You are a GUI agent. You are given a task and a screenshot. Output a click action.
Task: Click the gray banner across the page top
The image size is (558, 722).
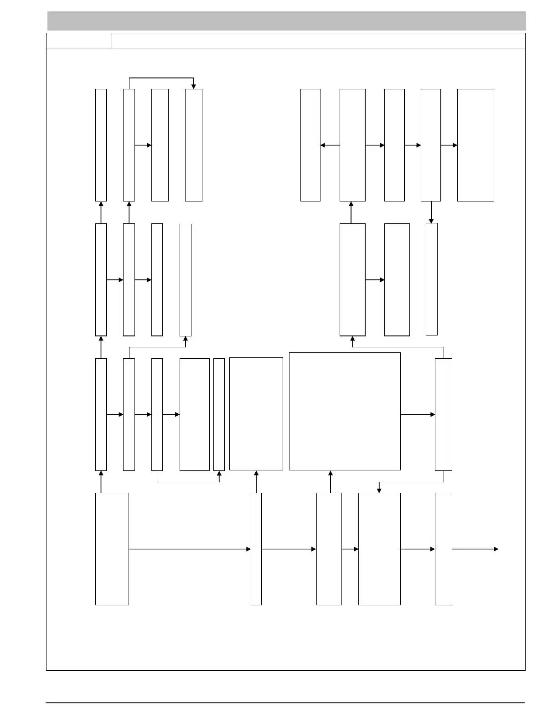pyautogui.click(x=286, y=21)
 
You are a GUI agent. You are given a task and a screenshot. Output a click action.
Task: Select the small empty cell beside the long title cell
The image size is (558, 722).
pyautogui.click(x=79, y=41)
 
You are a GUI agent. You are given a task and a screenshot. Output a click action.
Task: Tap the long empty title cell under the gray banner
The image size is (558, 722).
pyautogui.click(x=318, y=41)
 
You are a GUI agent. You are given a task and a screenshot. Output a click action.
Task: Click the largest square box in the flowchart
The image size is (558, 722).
pyautogui.click(x=345, y=411)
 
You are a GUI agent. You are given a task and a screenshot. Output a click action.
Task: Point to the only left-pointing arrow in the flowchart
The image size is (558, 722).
pyautogui.click(x=330, y=145)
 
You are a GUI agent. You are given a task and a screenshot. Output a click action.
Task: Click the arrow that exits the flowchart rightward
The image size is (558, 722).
pyautogui.click(x=475, y=549)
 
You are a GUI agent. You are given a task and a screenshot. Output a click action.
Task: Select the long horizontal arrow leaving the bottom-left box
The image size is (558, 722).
pyautogui.click(x=190, y=549)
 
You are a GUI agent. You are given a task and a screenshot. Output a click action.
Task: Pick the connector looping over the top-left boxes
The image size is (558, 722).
pyautogui.click(x=161, y=78)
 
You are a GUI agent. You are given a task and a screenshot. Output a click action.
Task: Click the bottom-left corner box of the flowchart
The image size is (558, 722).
pyautogui.click(x=112, y=549)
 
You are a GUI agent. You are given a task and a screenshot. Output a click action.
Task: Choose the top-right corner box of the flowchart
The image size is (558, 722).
pyautogui.click(x=475, y=145)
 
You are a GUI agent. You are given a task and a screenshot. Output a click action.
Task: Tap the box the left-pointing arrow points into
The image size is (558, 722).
pyautogui.click(x=310, y=145)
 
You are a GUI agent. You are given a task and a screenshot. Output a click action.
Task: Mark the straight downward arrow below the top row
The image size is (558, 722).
pyautogui.click(x=431, y=212)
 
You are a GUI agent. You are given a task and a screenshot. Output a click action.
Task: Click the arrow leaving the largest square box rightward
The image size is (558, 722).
pyautogui.click(x=418, y=414)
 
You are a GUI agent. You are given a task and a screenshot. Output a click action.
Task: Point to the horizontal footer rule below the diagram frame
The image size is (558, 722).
pyautogui.click(x=285, y=703)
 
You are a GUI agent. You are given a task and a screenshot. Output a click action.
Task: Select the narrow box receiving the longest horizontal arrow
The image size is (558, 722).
pyautogui.click(x=256, y=549)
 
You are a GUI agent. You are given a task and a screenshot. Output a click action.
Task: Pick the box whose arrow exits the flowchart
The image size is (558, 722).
pyautogui.click(x=443, y=549)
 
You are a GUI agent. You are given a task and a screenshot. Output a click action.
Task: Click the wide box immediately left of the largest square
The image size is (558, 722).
pyautogui.click(x=256, y=414)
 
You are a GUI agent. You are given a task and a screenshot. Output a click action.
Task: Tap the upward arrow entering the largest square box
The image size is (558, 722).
pyautogui.click(x=331, y=481)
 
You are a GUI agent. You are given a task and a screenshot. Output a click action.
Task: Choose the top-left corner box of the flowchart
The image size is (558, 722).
pyautogui.click(x=101, y=145)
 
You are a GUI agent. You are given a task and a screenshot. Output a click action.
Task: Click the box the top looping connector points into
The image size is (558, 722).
pyautogui.click(x=194, y=145)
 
